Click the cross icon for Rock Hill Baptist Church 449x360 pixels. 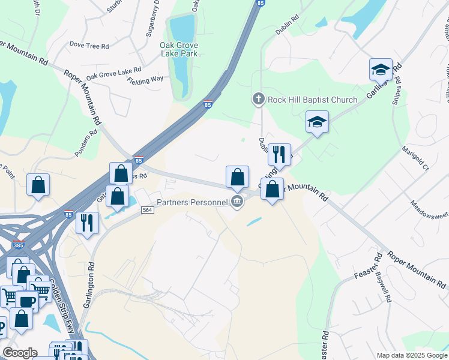pyautogui.click(x=258, y=99)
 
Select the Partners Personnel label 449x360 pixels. pyautogui.click(x=193, y=202)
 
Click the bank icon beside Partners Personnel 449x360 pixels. pyautogui.click(x=237, y=202)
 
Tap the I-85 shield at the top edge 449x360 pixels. pyautogui.click(x=259, y=4)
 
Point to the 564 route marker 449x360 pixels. pyautogui.click(x=148, y=209)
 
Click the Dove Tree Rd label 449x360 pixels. pyautogui.click(x=89, y=45)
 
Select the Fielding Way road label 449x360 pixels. pyautogui.click(x=145, y=80)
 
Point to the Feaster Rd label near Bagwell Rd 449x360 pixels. pyautogui.click(x=368, y=266)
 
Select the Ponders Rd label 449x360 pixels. pyautogui.click(x=93, y=142)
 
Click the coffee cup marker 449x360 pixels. pyautogui.click(x=26, y=301)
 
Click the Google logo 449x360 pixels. pyautogui.click(x=20, y=353)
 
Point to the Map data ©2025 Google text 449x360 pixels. pyautogui.click(x=411, y=355)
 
